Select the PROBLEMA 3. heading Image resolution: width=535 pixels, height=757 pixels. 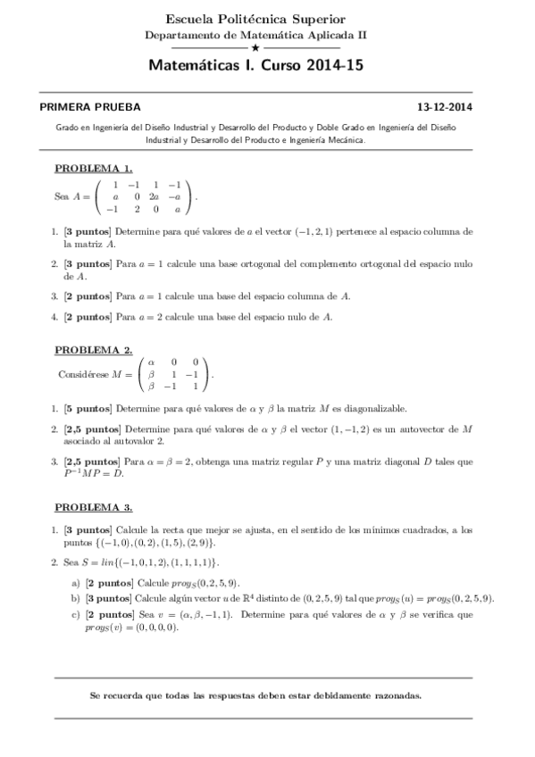point(94,507)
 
